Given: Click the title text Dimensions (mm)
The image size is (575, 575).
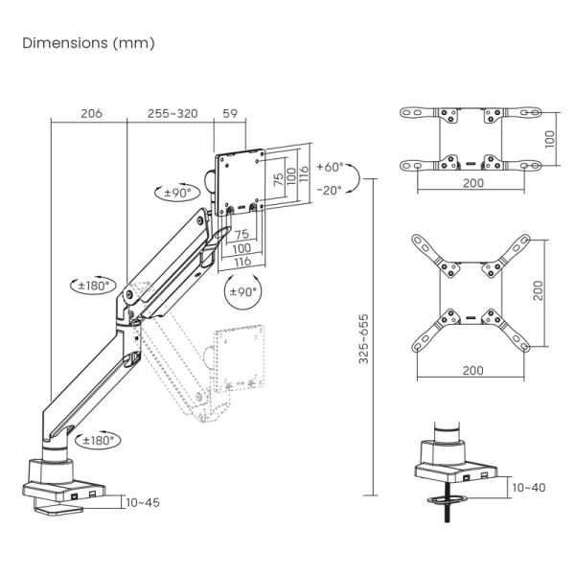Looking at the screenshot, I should tap(87, 43).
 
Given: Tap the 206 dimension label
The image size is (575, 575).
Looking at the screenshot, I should tap(90, 113).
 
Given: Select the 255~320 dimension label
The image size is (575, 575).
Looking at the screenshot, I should tap(172, 113).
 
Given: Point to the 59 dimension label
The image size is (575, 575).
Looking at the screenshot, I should tap(230, 113).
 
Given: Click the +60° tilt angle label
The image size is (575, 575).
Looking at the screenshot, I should tap(329, 167).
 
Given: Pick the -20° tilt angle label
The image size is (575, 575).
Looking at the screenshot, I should tap(329, 190).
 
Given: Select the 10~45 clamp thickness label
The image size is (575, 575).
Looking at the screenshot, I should tap(142, 502).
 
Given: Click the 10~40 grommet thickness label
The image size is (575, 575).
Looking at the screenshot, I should tap(528, 488).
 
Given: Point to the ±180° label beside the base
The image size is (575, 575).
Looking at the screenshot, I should tap(97, 441).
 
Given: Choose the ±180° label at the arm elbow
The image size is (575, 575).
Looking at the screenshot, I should tap(96, 285).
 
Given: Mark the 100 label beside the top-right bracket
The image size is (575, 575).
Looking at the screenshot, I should tap(549, 139).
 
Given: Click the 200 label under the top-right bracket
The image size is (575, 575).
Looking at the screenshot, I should tap(472, 182).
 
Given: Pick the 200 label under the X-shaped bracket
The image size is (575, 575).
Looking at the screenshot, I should tap(472, 370).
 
